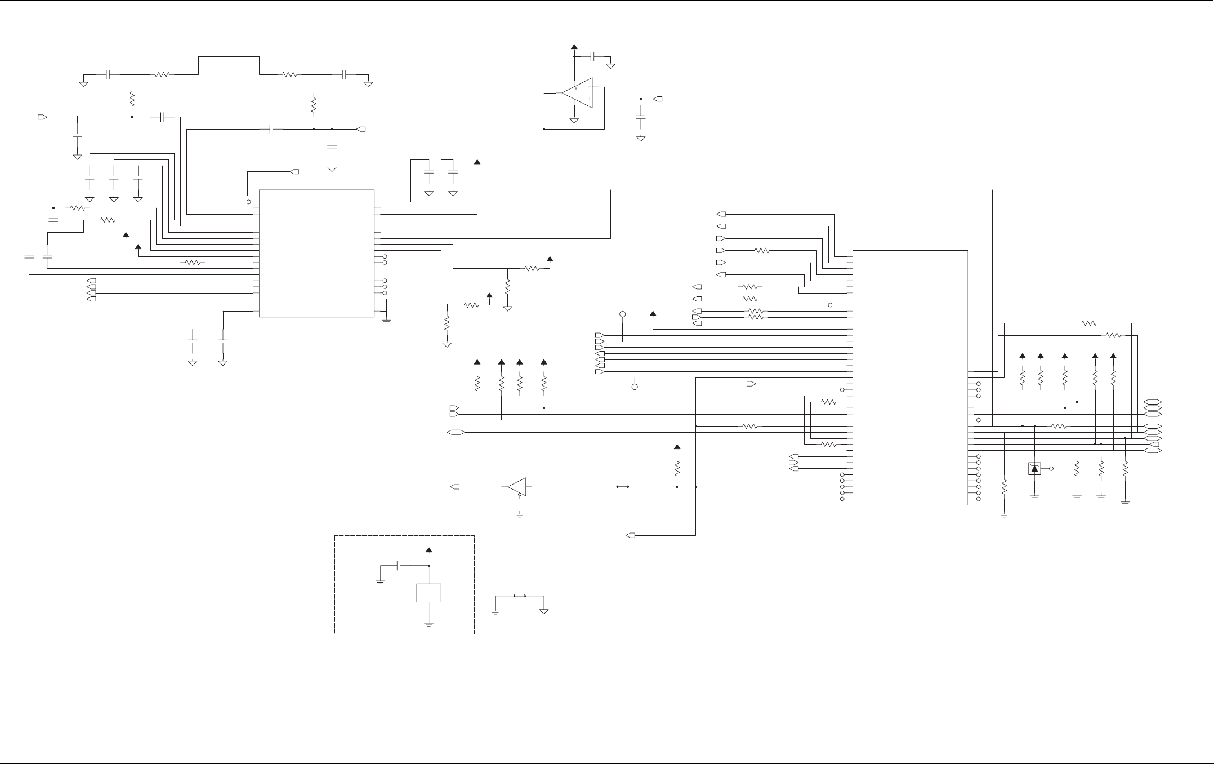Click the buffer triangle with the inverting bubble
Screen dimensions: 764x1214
point(516,486)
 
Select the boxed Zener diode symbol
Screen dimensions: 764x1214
point(1034,468)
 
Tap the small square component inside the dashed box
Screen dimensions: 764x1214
point(429,593)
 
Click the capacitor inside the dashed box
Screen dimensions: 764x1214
point(399,565)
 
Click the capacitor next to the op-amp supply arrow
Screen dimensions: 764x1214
point(593,56)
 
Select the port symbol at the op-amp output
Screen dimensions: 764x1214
point(658,99)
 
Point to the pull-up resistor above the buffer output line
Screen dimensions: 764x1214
point(677,469)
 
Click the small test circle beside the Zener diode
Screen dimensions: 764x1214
point(1051,468)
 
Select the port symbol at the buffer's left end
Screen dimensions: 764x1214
point(456,486)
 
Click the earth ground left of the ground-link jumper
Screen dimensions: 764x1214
point(496,611)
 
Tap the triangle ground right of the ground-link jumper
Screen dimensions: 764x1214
point(544,610)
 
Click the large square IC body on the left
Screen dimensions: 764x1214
point(316,253)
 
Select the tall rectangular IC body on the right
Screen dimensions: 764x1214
point(910,377)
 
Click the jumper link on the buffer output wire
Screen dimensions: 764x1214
point(622,486)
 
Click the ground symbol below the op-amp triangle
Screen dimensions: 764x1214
point(574,120)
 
